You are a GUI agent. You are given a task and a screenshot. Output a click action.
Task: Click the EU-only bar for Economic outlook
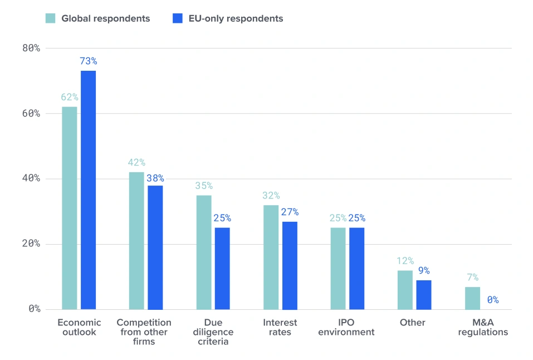(x=88, y=190)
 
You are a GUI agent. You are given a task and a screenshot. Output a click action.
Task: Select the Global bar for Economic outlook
(x=70, y=208)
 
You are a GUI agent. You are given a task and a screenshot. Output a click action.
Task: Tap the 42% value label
(x=136, y=162)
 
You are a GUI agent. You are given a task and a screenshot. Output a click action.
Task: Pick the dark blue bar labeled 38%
(x=155, y=248)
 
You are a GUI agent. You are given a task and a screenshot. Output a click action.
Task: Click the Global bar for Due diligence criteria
(x=204, y=252)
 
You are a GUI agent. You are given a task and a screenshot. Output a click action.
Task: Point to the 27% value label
(x=290, y=212)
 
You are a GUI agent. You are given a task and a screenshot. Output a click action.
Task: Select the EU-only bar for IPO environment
(x=357, y=269)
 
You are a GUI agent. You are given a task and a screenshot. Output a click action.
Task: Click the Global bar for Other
(x=405, y=290)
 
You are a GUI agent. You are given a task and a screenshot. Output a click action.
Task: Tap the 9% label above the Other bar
(x=424, y=270)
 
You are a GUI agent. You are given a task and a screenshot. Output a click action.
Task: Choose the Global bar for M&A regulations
(x=472, y=298)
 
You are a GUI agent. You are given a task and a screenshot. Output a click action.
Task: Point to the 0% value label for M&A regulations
(x=493, y=300)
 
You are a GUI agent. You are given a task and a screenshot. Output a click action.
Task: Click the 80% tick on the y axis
(x=31, y=48)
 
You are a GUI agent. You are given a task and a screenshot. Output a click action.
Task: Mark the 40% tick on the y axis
(x=31, y=178)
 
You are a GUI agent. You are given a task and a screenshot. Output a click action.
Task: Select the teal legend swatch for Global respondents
(x=50, y=18)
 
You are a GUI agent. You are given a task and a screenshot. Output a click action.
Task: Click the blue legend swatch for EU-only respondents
(x=178, y=18)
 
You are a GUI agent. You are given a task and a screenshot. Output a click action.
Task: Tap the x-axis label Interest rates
(x=280, y=327)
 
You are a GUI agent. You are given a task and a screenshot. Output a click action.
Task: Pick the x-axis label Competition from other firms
(x=144, y=332)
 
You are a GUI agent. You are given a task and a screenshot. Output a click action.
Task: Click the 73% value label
(x=89, y=61)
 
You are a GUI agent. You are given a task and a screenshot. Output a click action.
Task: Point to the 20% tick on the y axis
(x=31, y=244)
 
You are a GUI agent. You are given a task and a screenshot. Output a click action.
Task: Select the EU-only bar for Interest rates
(x=290, y=266)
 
